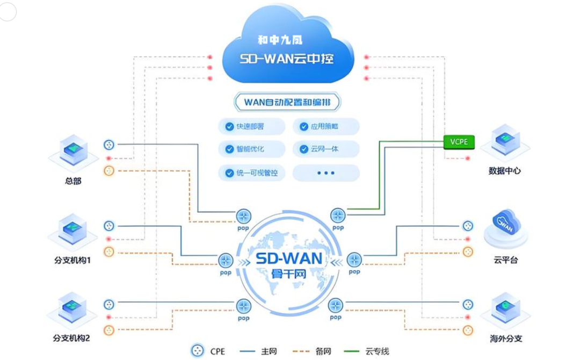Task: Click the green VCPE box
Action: click(x=459, y=142)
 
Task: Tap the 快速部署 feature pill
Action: click(x=244, y=126)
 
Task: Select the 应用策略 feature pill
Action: click(x=325, y=126)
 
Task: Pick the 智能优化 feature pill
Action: click(x=244, y=149)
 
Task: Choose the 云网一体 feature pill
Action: click(x=325, y=149)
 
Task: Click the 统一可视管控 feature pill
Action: click(x=251, y=173)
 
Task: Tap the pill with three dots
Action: click(x=325, y=173)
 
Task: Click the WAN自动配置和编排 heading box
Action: click(x=287, y=102)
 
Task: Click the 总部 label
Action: click(x=73, y=181)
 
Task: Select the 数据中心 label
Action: click(x=505, y=171)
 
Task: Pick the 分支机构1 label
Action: click(x=73, y=260)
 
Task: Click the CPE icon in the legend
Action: click(x=198, y=351)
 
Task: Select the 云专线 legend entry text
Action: click(x=377, y=351)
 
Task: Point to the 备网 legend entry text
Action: click(x=323, y=351)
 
